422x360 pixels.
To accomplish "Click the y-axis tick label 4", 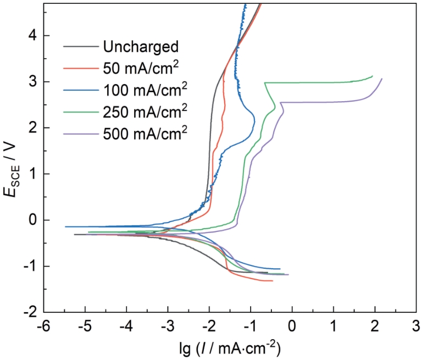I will pos(32,36).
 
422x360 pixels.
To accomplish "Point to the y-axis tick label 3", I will pos(32,82).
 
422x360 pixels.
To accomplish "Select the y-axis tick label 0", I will pos(32,220).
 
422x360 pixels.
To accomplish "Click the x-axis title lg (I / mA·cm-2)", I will pos(230,347).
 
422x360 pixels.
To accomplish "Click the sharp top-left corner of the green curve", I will pos(265,82).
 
